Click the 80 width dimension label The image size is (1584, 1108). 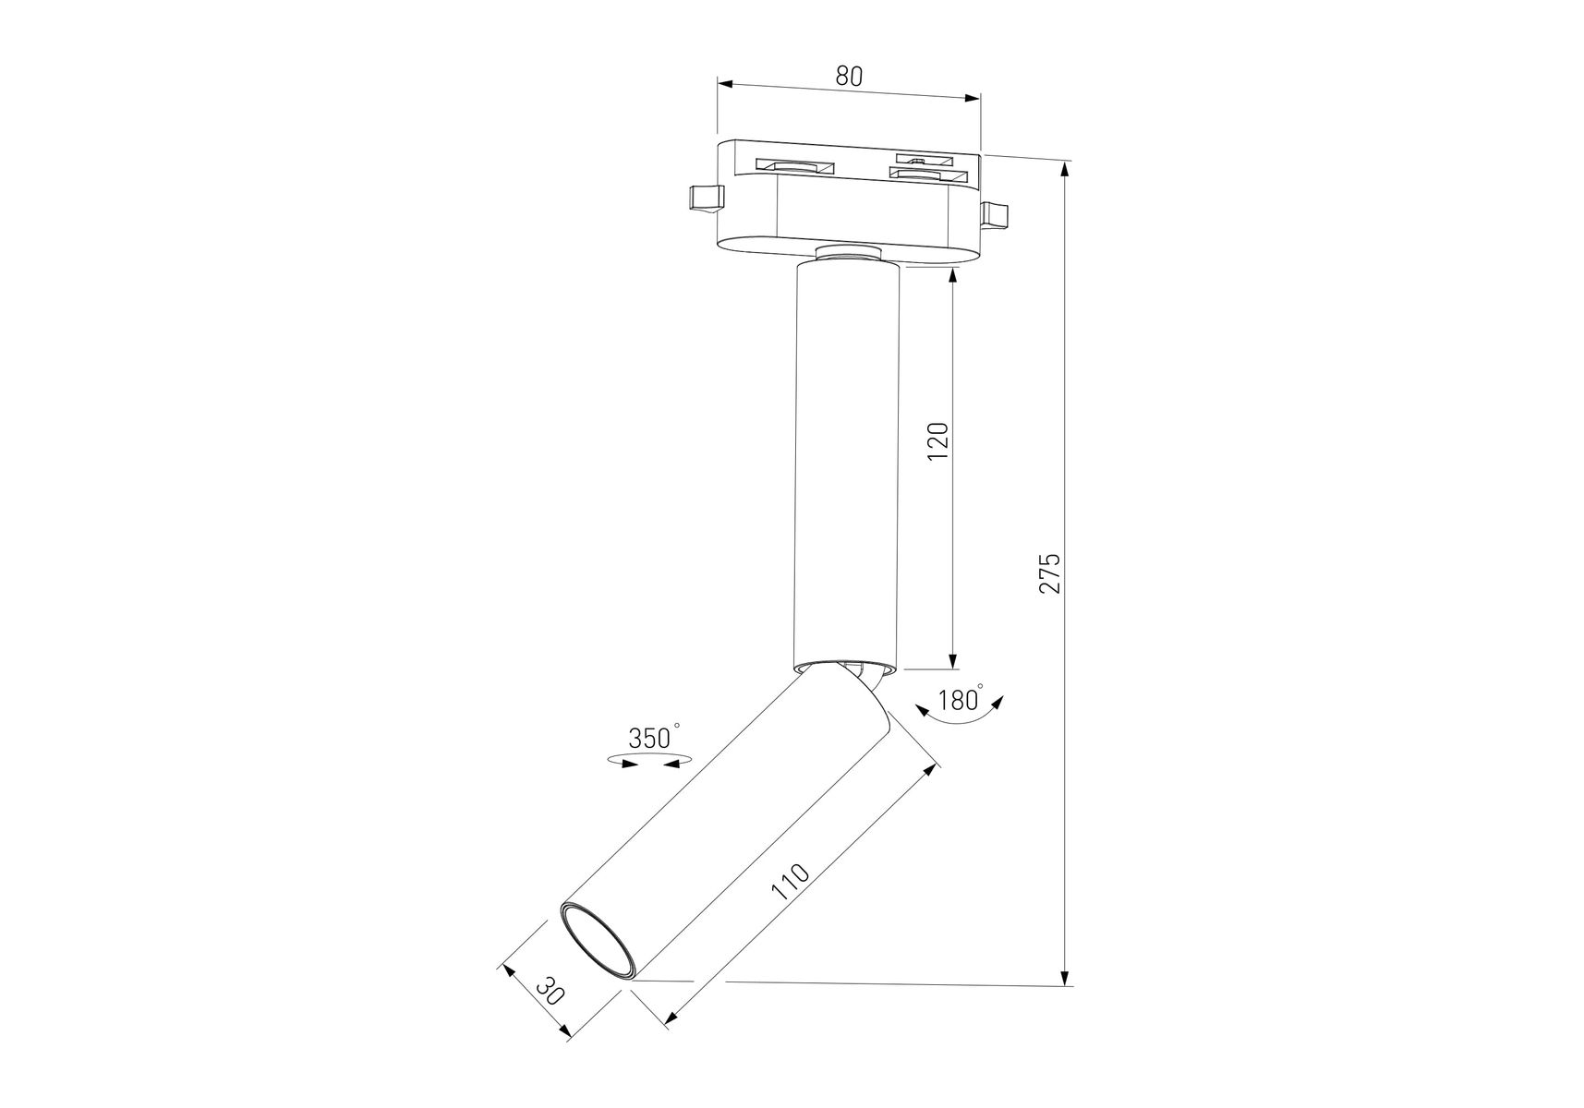(849, 77)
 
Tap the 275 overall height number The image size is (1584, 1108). (1050, 573)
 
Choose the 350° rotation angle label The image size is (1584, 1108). (654, 737)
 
